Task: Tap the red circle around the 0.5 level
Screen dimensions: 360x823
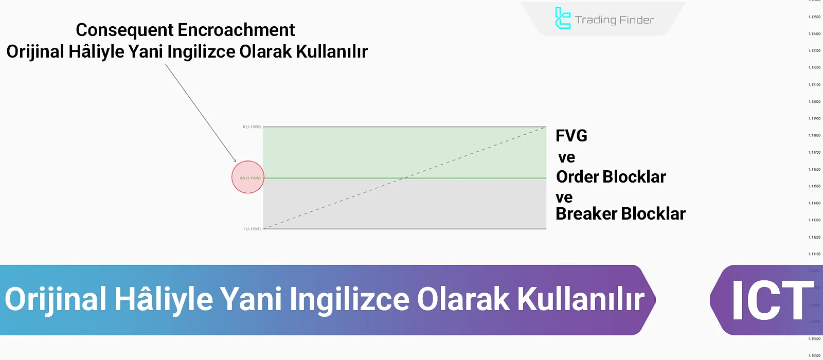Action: click(248, 177)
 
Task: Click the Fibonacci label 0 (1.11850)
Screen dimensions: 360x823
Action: click(252, 127)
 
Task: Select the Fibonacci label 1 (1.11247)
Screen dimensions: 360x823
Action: click(252, 229)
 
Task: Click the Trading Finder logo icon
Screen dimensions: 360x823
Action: click(563, 19)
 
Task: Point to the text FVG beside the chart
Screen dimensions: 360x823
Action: click(571, 136)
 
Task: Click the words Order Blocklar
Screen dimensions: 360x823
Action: click(611, 177)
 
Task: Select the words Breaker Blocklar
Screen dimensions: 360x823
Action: click(620, 214)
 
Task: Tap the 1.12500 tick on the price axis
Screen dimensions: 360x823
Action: click(814, 17)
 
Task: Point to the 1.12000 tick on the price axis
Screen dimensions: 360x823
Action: click(814, 102)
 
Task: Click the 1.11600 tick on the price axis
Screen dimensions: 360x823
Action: click(814, 169)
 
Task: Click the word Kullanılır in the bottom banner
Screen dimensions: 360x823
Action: click(580, 299)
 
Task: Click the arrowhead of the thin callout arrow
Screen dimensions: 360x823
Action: click(235, 161)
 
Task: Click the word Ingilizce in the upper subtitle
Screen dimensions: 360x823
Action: click(202, 52)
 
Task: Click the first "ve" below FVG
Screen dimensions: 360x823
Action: click(566, 157)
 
